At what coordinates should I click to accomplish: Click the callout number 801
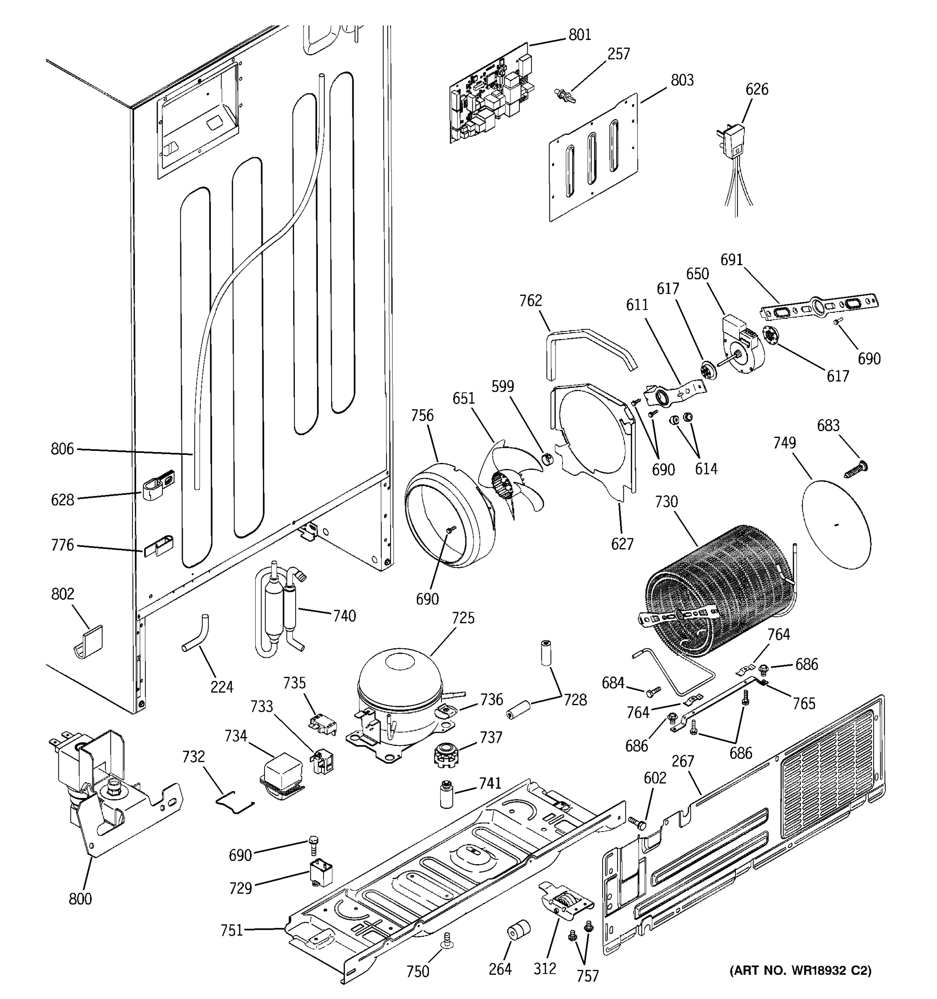(x=580, y=35)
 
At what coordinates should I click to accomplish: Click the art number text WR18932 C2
(x=800, y=970)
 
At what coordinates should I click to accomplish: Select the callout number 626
(x=757, y=89)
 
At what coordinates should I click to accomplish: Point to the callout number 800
(x=80, y=899)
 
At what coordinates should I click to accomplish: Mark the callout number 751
(x=232, y=931)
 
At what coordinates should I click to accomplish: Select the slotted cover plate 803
(x=593, y=158)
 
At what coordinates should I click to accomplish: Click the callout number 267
(x=683, y=761)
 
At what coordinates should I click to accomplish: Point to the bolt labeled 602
(x=636, y=822)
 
